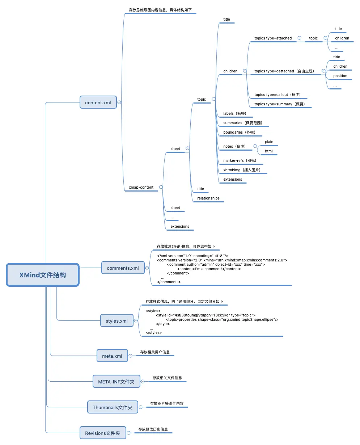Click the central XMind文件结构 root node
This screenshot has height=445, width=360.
(x=43, y=275)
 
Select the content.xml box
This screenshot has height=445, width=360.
(x=98, y=102)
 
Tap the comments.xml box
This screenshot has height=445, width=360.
(x=123, y=268)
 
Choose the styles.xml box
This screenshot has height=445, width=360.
(x=117, y=321)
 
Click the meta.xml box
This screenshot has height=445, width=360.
(x=112, y=356)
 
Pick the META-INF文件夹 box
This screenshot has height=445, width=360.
(x=116, y=382)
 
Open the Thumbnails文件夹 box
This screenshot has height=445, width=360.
(x=113, y=407)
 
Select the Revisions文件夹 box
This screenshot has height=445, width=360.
(x=103, y=433)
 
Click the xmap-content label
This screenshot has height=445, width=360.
(x=141, y=188)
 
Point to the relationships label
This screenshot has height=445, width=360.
(x=208, y=198)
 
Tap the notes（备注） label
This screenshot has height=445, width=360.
(x=235, y=147)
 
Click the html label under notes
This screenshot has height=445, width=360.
(x=269, y=151)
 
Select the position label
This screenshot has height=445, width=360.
(x=340, y=76)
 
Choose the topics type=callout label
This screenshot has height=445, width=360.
(x=278, y=95)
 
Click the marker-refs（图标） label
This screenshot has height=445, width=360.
(x=240, y=161)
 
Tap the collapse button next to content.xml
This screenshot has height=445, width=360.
(x=119, y=102)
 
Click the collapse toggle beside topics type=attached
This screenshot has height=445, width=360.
(x=299, y=38)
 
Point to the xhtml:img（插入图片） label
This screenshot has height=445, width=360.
(x=242, y=170)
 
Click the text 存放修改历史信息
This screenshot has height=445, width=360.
(x=153, y=429)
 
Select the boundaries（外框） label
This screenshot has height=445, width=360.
(x=240, y=133)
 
